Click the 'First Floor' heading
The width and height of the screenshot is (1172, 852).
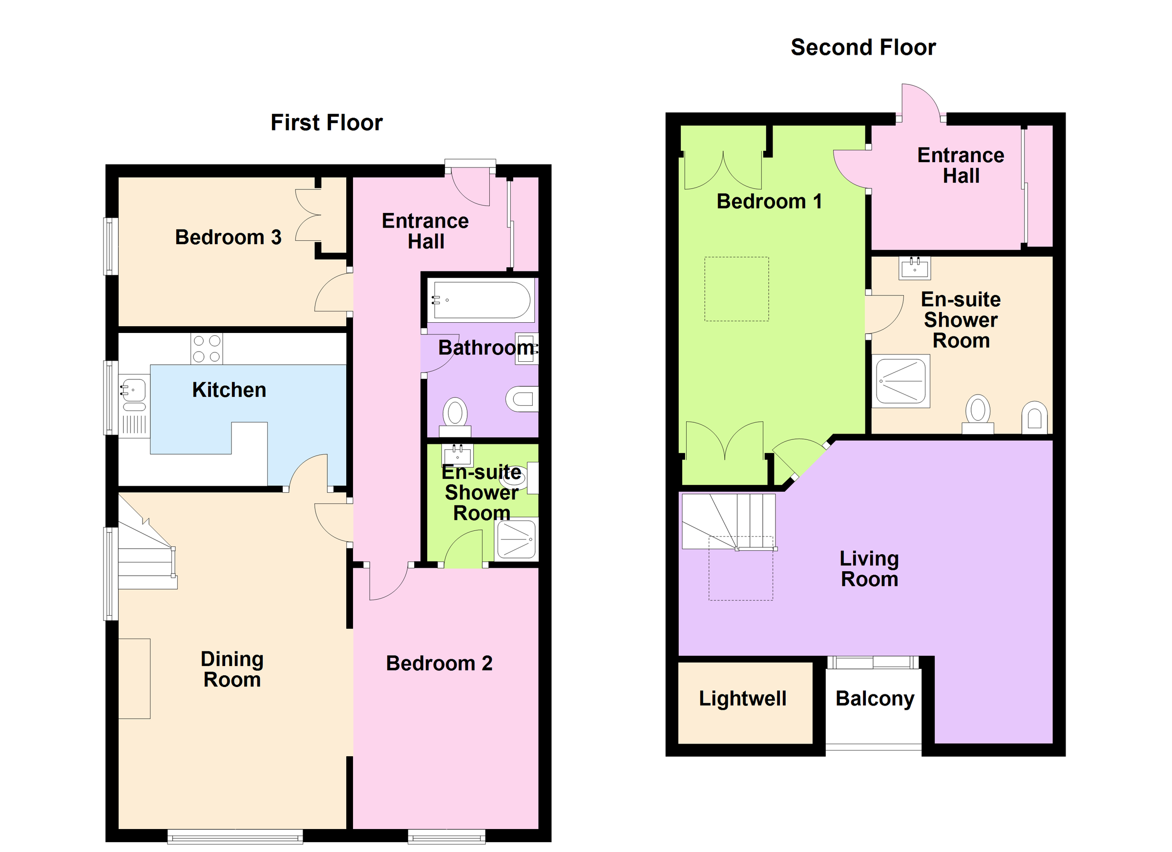(x=326, y=123)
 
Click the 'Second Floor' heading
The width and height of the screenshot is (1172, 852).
(x=862, y=47)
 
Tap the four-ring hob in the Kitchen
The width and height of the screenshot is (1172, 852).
(x=207, y=349)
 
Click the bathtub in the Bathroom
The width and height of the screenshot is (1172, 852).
(x=481, y=300)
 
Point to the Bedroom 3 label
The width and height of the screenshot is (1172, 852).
(x=228, y=238)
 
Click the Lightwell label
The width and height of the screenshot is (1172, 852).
(x=742, y=699)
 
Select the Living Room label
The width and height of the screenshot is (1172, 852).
(x=869, y=569)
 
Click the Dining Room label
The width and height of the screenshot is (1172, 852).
(x=232, y=669)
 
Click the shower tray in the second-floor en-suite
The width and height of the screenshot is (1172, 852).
(x=902, y=381)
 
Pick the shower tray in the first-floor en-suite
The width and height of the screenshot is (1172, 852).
(x=516, y=540)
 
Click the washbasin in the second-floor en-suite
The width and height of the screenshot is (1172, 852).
(x=914, y=268)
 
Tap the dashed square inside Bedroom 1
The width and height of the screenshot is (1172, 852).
(x=736, y=290)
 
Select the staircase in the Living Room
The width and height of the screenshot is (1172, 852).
(x=729, y=522)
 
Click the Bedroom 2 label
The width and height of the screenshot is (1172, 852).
(x=439, y=664)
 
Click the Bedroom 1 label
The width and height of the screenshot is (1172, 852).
(x=769, y=202)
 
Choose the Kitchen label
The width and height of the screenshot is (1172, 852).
(x=229, y=390)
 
